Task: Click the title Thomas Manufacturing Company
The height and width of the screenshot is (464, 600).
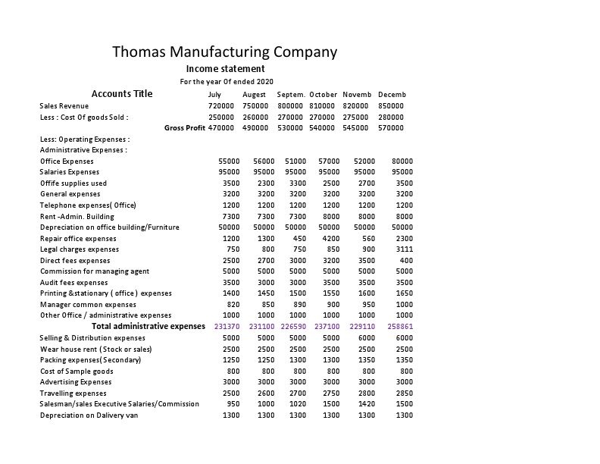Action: point(225,52)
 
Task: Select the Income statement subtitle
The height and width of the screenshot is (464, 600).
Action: point(226,69)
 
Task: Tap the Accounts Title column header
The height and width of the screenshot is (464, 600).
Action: point(122,94)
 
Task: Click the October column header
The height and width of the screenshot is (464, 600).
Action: point(323,95)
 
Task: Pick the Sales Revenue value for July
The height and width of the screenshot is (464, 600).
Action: point(221,106)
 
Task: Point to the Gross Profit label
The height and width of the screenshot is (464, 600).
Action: point(185,128)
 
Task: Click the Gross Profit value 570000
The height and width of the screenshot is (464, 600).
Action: point(391,128)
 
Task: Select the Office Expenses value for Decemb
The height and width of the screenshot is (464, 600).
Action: point(402,161)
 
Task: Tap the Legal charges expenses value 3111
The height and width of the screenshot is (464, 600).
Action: point(404,249)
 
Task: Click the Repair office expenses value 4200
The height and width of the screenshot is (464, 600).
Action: point(330,238)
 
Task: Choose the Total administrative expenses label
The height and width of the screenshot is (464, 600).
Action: point(148,326)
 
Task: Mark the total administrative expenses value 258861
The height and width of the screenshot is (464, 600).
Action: point(400,326)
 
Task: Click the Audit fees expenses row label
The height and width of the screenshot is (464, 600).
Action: point(74,282)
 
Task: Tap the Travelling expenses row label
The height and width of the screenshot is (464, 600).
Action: point(73,393)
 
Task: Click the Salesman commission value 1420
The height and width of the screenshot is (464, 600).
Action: point(366,404)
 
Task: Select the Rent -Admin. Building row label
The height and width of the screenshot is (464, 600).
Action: point(77,216)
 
